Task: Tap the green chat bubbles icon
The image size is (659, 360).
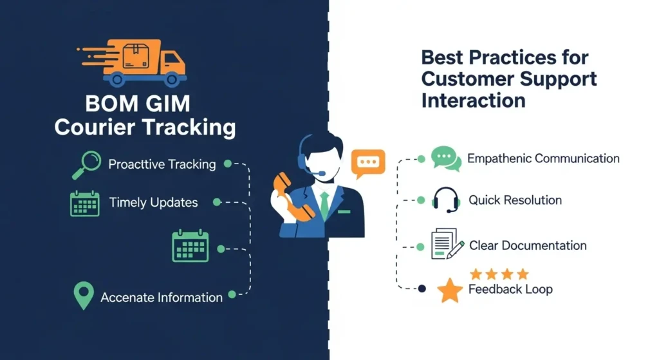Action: tap(446, 158)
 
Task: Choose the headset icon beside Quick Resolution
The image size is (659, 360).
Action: tap(446, 200)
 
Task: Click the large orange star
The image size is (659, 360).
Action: tap(450, 290)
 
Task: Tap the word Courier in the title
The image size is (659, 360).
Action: tap(93, 127)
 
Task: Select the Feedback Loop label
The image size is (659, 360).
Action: tap(510, 289)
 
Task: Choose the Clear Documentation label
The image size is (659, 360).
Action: tap(528, 245)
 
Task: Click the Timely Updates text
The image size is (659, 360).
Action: tap(153, 203)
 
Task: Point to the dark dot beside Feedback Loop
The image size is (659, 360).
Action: tap(422, 289)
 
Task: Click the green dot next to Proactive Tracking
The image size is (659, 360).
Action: tap(227, 164)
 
